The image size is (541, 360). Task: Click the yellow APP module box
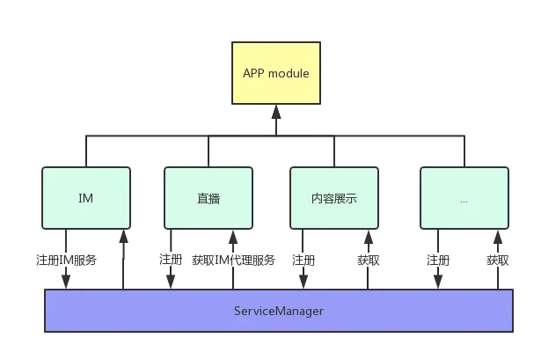point(275,73)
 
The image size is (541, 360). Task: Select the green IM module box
point(86,198)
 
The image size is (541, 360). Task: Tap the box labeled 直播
point(208,198)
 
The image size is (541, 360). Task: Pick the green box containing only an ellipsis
point(464,198)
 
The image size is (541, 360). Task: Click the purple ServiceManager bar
point(279,311)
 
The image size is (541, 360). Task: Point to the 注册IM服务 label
point(66,260)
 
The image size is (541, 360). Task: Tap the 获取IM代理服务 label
point(233,260)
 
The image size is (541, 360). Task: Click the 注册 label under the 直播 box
point(170,260)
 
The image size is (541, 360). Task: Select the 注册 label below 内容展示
point(303,260)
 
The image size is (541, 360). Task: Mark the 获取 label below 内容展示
point(368,260)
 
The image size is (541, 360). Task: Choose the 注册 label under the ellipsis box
point(437,260)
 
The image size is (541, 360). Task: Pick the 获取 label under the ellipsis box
point(498,260)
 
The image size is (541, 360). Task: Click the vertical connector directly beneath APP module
point(275,121)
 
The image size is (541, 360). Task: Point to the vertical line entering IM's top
point(86,151)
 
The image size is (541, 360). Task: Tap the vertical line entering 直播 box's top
point(208,151)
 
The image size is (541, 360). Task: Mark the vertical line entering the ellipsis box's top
point(464,151)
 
